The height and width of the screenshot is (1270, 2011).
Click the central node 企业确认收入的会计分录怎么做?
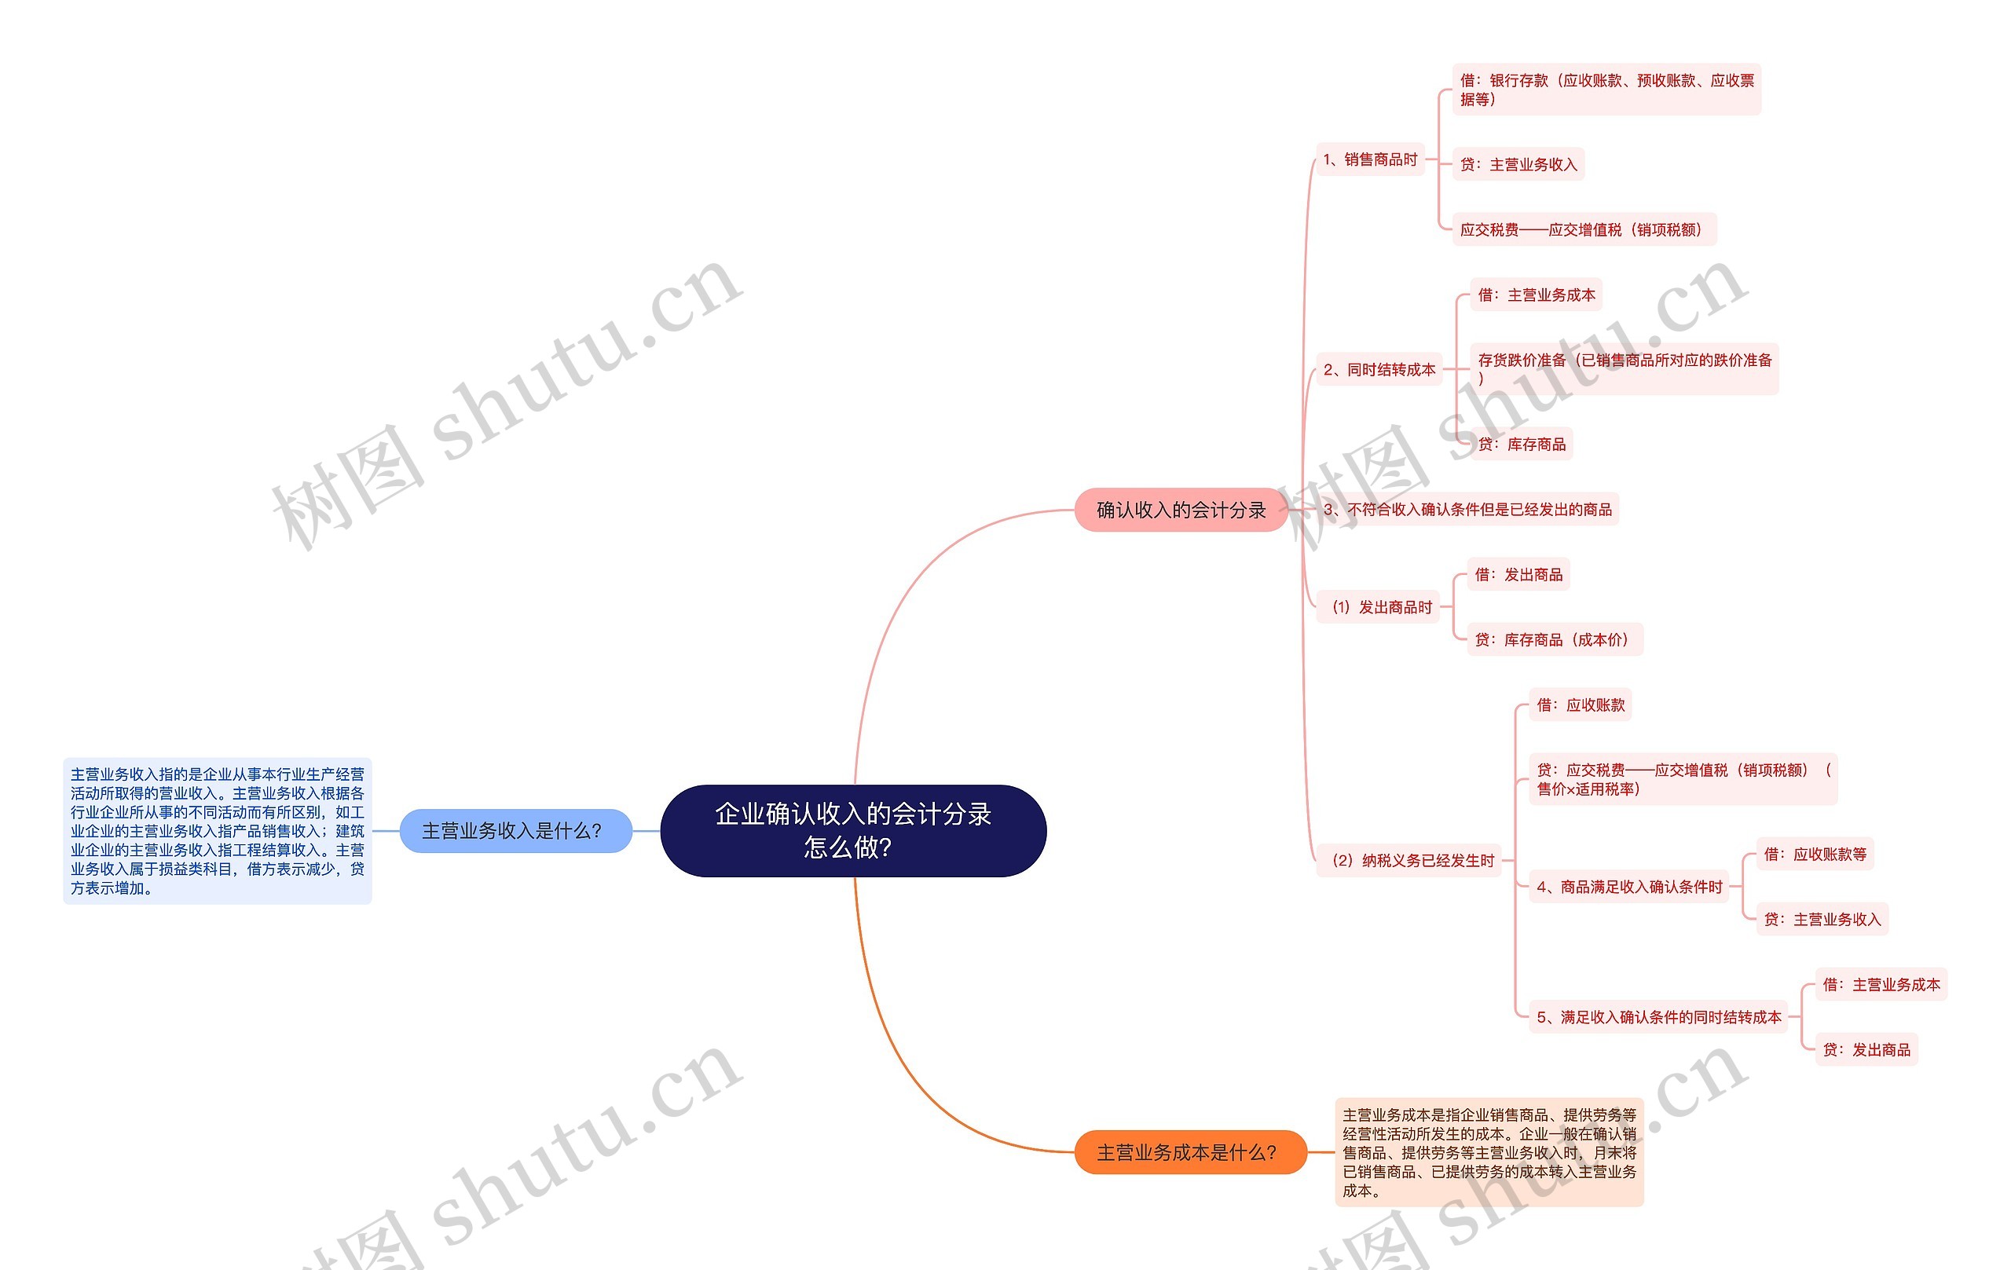point(852,830)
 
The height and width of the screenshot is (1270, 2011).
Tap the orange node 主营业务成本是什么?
point(1189,1152)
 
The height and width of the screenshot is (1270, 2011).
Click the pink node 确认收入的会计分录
point(1180,510)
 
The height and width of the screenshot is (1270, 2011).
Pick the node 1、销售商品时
point(1370,159)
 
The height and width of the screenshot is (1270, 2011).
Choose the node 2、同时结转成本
point(1379,369)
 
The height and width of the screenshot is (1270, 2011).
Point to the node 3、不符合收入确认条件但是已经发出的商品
point(1467,510)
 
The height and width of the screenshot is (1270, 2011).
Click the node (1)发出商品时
point(1381,607)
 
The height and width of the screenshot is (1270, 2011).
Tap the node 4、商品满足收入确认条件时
point(1628,887)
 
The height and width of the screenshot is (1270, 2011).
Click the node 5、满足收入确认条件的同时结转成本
point(1658,1017)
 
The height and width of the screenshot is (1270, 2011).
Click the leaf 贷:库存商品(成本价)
point(1554,639)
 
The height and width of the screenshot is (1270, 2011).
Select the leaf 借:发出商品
point(1518,574)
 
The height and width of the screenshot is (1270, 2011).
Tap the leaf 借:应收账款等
point(1814,855)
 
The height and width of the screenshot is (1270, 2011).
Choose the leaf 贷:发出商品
point(1866,1049)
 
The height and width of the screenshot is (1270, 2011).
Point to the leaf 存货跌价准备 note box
point(1624,368)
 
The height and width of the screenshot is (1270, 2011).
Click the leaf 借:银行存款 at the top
point(1606,90)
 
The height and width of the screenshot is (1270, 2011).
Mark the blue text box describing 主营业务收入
point(217,831)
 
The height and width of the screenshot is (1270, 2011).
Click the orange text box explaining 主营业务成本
point(1489,1152)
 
